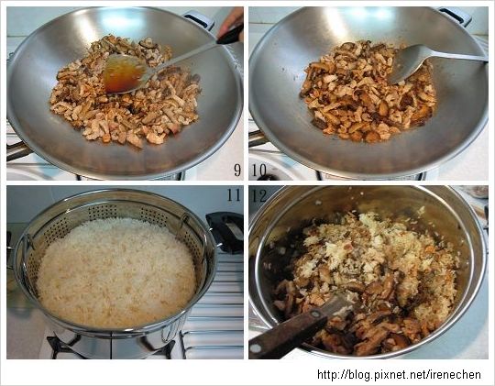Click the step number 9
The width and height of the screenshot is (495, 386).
tap(237, 170)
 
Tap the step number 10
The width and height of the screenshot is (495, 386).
tap(258, 170)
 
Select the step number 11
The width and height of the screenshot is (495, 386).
tap(234, 195)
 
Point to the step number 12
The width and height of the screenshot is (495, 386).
tap(259, 195)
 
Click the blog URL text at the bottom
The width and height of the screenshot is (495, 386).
tap(399, 375)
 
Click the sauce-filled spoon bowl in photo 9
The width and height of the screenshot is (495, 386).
tap(123, 73)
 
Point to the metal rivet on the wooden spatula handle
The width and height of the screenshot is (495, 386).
tap(314, 314)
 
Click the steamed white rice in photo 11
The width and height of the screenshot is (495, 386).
tap(116, 272)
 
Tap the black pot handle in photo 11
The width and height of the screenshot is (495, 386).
tap(225, 232)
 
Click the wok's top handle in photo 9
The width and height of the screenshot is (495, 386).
tap(199, 19)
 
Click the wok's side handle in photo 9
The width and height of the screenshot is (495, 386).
tap(17, 151)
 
